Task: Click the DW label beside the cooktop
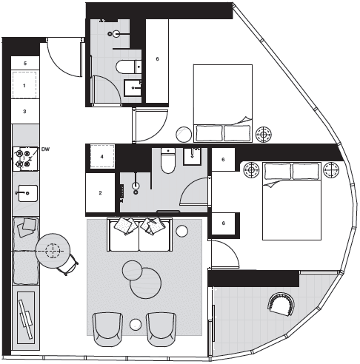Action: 45,149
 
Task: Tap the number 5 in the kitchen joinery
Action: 25,64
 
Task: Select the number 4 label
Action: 101,157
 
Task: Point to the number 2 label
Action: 100,193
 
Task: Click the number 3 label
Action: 24,112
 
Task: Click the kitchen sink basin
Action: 28,193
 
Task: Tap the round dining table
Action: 53,252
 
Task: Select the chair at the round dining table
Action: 68,265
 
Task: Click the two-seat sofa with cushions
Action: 139,235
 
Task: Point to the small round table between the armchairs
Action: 136,325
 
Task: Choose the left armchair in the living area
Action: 107,329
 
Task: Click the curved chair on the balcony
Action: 281,304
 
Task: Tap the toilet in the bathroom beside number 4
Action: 168,161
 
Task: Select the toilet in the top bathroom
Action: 128,67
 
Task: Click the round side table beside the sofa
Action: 182,231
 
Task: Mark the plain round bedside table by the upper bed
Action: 184,135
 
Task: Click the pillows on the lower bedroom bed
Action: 292,171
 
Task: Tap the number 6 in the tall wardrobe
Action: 157,59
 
